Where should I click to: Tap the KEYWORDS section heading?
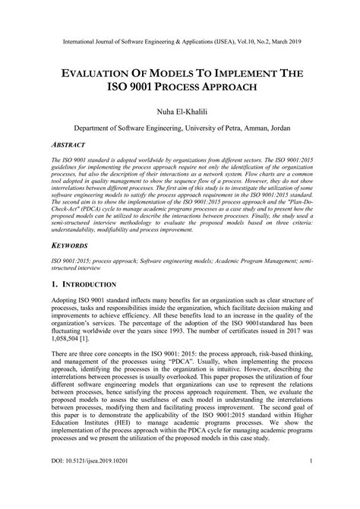tap(66, 245)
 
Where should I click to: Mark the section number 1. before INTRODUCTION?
tap(52, 284)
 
